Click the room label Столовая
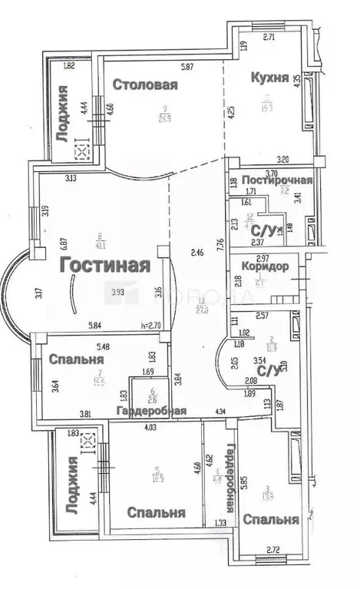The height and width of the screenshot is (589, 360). [145, 85]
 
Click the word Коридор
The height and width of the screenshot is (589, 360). [264, 266]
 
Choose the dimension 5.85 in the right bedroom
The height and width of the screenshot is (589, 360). [244, 481]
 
